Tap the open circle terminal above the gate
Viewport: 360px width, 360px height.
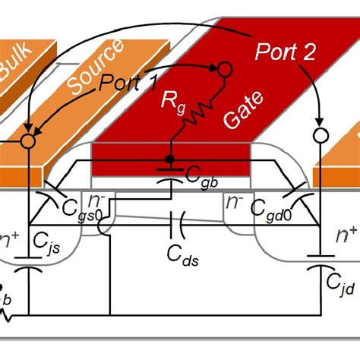coord(223,71)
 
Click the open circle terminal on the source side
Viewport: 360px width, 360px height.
coord(28,141)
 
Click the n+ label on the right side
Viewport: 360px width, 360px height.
coord(346,236)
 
